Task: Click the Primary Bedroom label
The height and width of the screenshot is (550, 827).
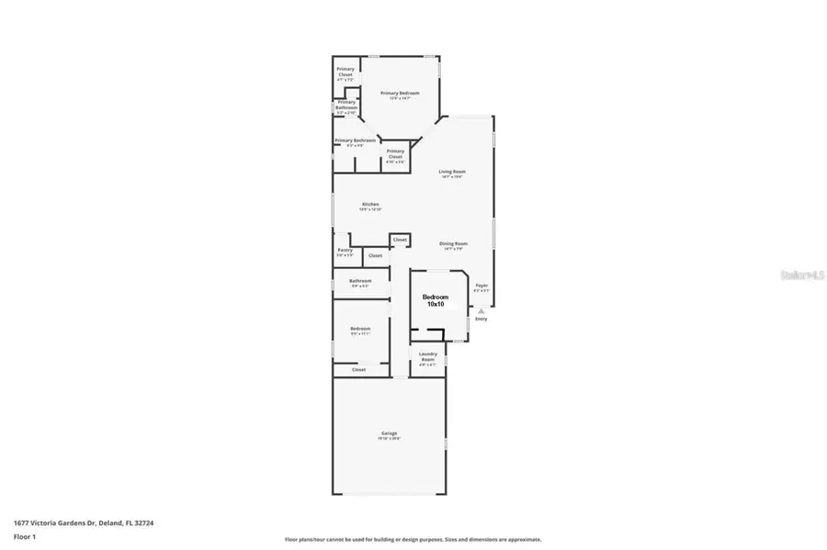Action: point(401,94)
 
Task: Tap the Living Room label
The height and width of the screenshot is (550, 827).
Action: point(450,172)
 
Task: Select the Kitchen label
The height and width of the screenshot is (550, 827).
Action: point(370,205)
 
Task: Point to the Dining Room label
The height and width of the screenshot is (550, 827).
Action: point(453,243)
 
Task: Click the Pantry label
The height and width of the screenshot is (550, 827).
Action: point(345,250)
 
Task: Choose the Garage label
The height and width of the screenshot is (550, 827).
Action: point(389,433)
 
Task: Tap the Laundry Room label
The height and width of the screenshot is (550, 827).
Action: point(427,355)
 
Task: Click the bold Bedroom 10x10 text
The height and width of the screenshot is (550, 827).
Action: point(436,300)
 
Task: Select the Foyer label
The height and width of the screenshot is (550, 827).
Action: point(481,286)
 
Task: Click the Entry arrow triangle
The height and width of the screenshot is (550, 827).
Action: point(481,311)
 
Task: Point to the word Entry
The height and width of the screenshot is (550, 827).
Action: point(481,320)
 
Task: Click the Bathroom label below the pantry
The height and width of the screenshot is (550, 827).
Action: point(360,281)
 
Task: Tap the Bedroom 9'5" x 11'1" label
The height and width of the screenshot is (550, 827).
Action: point(360,330)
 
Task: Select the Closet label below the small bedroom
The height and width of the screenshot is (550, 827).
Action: point(358,370)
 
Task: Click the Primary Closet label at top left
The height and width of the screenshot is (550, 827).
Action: point(346,72)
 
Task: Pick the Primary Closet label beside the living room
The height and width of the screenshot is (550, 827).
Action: point(395,153)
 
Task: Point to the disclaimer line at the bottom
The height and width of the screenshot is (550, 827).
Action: point(413,539)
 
